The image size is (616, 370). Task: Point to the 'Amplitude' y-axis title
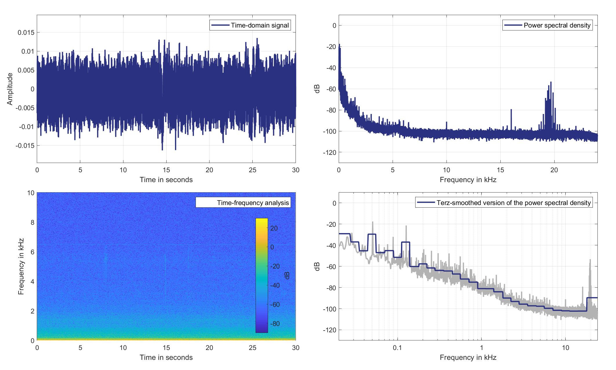point(10,89)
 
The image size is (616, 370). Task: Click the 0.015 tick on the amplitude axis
point(26,32)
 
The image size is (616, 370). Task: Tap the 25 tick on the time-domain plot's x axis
point(253,170)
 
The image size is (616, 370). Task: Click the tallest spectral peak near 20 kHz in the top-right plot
point(551,82)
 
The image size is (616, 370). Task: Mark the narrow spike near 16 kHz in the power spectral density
point(511,110)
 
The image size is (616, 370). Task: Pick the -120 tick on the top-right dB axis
point(330,153)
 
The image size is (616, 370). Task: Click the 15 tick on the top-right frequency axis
point(500,170)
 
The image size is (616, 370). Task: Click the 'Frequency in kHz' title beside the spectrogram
point(21,266)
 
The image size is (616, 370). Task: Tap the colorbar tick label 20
point(274,228)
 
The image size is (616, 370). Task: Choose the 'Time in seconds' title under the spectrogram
point(166,357)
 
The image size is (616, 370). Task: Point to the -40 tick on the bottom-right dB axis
point(330,245)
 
